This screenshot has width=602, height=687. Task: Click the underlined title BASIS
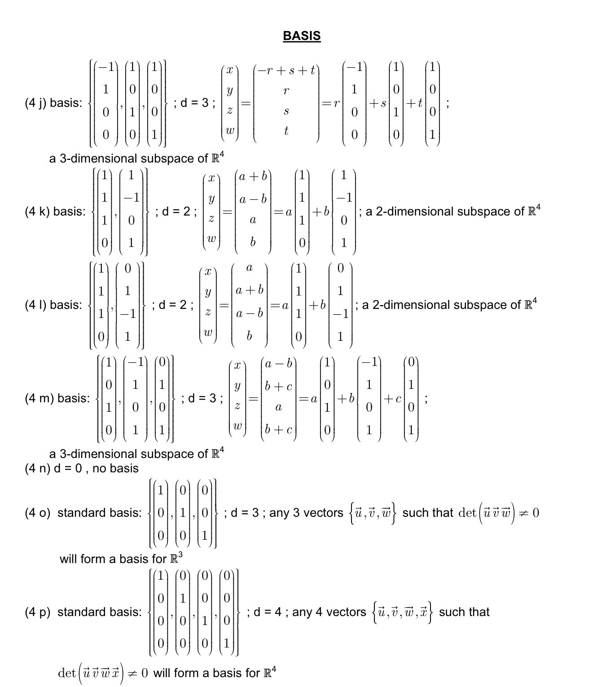coord(302,36)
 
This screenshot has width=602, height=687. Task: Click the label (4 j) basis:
coord(53,103)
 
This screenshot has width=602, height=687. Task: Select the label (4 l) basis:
coord(53,305)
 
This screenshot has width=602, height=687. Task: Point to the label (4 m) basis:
coord(57,398)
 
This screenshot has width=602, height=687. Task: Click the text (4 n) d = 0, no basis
coord(82,468)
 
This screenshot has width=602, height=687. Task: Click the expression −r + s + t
coord(286,70)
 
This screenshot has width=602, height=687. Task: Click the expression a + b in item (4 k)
coord(253,176)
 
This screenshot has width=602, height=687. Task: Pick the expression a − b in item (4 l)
coord(249,313)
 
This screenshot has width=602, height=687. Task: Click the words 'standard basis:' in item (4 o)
coord(99,513)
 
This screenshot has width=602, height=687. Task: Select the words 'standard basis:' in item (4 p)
coord(99,612)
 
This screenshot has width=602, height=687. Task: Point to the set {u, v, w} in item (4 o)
coord(372,513)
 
